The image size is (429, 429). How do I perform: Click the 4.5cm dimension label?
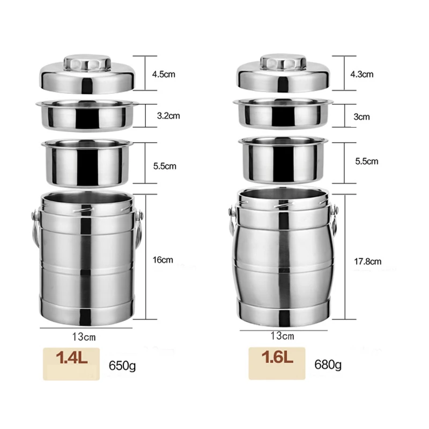click(164, 74)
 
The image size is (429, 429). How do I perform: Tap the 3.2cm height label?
click(168, 116)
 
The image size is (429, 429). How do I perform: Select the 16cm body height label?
click(163, 260)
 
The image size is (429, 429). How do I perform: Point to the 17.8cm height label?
click(368, 262)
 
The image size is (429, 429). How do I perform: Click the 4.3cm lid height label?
click(361, 74)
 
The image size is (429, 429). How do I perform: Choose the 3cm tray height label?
click(361, 117)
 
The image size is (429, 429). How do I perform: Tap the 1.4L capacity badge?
click(71, 364)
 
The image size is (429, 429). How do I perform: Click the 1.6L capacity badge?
click(277, 364)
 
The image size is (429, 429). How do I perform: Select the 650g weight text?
click(122, 366)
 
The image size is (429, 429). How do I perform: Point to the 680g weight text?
click(328, 365)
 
